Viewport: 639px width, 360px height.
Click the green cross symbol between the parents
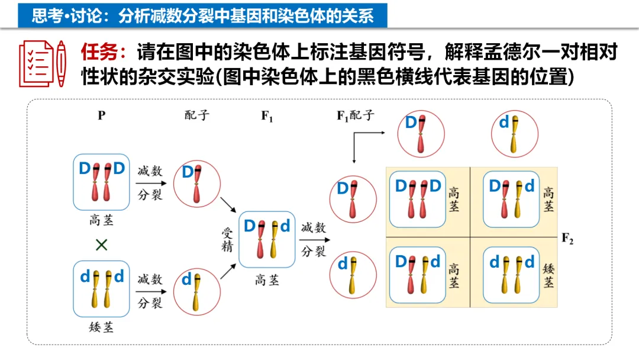[102, 245]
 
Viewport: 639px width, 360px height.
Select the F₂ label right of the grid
[567, 239]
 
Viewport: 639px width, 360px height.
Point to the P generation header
[102, 115]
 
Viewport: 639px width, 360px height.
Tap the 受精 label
[227, 239]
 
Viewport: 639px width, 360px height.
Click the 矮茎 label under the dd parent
[101, 327]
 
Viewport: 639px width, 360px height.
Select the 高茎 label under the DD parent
[101, 221]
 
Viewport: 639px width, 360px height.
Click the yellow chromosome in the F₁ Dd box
[274, 240]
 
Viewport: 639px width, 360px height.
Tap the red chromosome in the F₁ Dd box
[260, 240]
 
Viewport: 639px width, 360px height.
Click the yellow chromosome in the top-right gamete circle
[515, 134]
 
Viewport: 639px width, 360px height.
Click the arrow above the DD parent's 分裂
[150, 183]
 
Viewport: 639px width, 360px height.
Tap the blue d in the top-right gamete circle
[504, 123]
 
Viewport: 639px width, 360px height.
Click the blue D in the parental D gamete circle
[188, 172]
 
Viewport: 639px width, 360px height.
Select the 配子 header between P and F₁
[197, 115]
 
